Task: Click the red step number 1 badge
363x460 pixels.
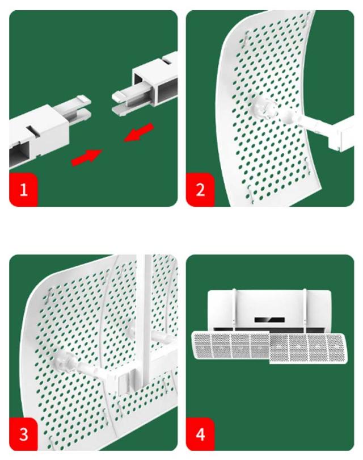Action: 23,190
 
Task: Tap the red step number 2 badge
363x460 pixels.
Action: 200,190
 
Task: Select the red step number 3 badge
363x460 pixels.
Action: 23,434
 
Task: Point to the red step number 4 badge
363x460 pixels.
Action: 200,434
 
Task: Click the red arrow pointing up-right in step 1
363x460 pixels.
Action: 87,157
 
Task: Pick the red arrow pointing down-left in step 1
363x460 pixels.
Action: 139,132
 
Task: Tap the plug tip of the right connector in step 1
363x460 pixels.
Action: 124,101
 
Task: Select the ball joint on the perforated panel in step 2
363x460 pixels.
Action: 264,108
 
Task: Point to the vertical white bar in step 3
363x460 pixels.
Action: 145,320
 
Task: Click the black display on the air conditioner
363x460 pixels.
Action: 269,320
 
